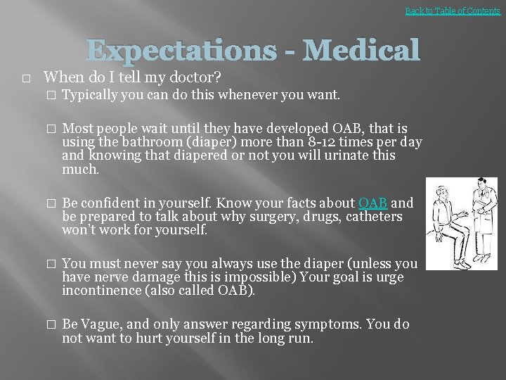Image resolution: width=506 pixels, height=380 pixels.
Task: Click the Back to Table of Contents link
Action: (453, 11)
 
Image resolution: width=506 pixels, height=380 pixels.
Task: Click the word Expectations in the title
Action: (181, 51)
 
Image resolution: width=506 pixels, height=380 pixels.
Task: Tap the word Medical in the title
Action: (362, 51)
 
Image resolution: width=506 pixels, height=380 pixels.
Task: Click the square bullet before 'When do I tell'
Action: (26, 78)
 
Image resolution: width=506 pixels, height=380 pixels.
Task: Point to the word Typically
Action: (89, 94)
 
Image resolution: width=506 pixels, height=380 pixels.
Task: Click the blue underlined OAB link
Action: (373, 203)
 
